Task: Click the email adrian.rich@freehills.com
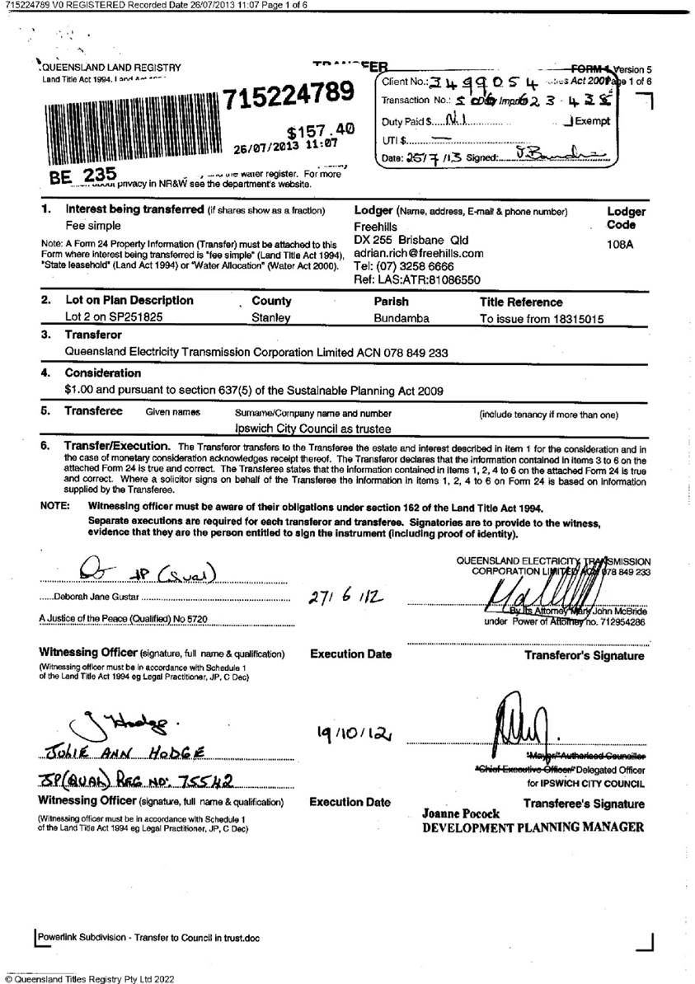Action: coord(419,254)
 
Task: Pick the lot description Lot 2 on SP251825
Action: coord(113,317)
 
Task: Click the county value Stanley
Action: coord(270,317)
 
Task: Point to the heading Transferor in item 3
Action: coord(93,335)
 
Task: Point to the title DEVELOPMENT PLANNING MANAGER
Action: coord(533,827)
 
